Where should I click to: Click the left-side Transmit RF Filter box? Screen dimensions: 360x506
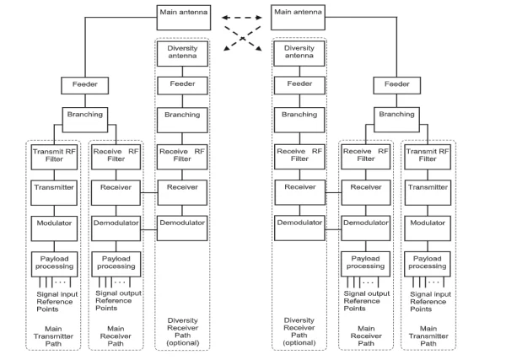[55, 155]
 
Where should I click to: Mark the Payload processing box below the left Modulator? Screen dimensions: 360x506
[55, 261]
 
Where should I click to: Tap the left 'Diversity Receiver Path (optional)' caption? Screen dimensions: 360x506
[179, 330]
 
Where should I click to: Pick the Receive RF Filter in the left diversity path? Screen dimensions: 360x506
[179, 155]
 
